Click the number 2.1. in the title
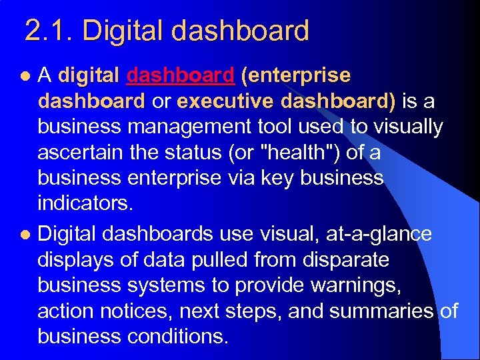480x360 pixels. [49, 31]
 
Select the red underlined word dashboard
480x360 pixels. [180, 75]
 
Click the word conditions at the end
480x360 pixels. [174, 335]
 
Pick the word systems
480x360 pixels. [167, 285]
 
